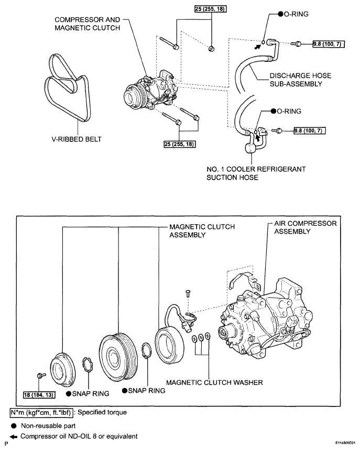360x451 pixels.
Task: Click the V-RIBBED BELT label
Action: coord(77,139)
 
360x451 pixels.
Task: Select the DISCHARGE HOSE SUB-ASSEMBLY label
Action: coord(300,80)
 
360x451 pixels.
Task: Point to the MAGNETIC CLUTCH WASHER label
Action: coord(215,382)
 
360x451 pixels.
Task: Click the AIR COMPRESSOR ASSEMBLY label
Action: coord(306,227)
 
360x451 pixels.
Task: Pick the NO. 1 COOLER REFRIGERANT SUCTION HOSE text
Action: coord(256,173)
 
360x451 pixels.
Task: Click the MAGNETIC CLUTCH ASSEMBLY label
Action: coord(202,230)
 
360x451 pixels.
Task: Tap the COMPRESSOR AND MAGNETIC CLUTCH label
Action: coord(87,24)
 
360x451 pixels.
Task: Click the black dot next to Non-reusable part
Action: coord(14,426)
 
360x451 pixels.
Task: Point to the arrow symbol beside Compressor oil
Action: coord(13,437)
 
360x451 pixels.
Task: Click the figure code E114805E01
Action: coord(347,444)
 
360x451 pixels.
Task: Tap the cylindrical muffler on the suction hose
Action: coord(251,148)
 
